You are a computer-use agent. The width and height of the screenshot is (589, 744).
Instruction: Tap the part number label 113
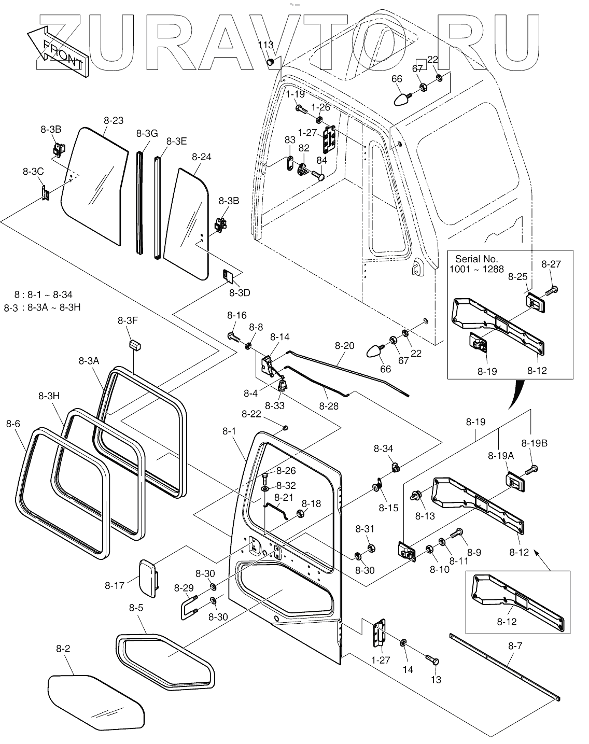[x=266, y=45]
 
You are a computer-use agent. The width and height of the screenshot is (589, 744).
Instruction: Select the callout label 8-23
[x=114, y=120]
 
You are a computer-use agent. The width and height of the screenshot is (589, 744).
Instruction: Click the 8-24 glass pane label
[x=201, y=157]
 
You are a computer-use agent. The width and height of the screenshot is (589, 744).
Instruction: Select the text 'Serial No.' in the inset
[x=476, y=259]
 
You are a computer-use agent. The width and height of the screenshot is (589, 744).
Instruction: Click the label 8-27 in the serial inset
[x=551, y=264]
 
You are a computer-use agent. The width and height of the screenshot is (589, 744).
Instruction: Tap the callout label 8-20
[x=344, y=345]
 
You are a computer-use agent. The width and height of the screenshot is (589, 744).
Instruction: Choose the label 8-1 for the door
[x=229, y=431]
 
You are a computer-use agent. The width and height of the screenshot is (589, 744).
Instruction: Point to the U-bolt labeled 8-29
[x=189, y=607]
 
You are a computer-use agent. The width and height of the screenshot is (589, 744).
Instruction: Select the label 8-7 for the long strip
[x=515, y=646]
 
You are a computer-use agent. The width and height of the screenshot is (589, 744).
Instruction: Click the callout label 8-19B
[x=534, y=443]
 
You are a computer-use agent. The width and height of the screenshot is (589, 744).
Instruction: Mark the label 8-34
[x=383, y=448]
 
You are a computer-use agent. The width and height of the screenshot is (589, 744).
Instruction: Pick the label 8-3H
[x=49, y=396]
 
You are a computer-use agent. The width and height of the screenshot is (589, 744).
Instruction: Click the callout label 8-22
[x=251, y=414]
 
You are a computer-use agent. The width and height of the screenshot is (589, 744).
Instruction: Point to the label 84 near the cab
[x=321, y=160]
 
